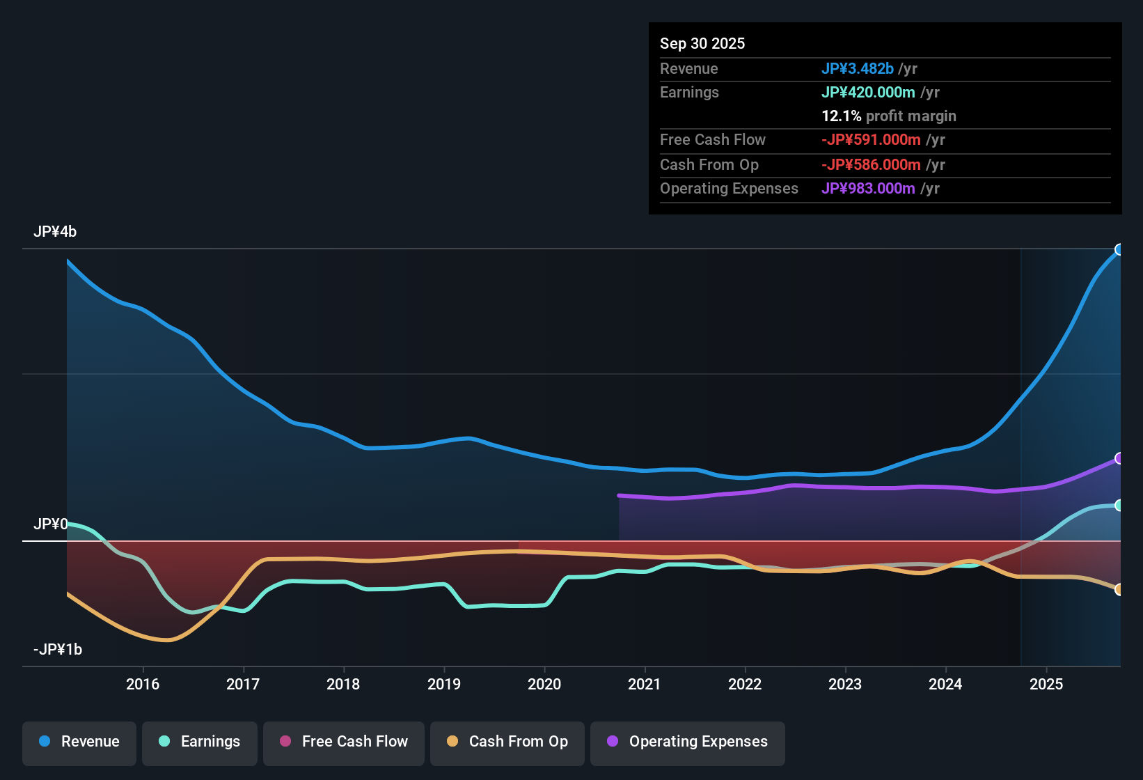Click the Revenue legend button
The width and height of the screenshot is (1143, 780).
click(x=79, y=742)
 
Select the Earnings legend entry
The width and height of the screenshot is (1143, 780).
click(x=200, y=742)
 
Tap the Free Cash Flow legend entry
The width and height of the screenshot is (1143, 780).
click(x=344, y=742)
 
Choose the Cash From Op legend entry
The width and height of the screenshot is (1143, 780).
click(x=507, y=742)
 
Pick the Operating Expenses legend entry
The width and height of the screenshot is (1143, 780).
click(x=688, y=742)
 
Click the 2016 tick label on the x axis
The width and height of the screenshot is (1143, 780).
click(x=143, y=685)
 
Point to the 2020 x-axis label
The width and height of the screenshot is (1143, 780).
click(x=544, y=685)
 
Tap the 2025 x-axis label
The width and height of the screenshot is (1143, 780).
click(x=1046, y=685)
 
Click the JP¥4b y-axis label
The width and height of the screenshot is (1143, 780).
click(x=55, y=232)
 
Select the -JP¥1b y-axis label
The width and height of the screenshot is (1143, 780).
click(x=58, y=650)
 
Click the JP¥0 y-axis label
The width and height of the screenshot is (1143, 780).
click(x=51, y=524)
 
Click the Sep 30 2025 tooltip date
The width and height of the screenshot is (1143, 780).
click(x=702, y=44)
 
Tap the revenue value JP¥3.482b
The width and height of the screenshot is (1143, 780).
click(x=857, y=69)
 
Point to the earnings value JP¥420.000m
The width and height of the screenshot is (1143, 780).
click(x=868, y=93)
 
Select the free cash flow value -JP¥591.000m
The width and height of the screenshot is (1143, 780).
click(x=871, y=140)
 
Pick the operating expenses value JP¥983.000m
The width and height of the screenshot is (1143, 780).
click(x=868, y=189)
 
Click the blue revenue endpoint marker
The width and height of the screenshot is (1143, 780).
click(x=1119, y=249)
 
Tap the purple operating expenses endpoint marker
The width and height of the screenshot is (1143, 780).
click(x=1119, y=458)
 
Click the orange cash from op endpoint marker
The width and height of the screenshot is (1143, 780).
click(x=1119, y=590)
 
